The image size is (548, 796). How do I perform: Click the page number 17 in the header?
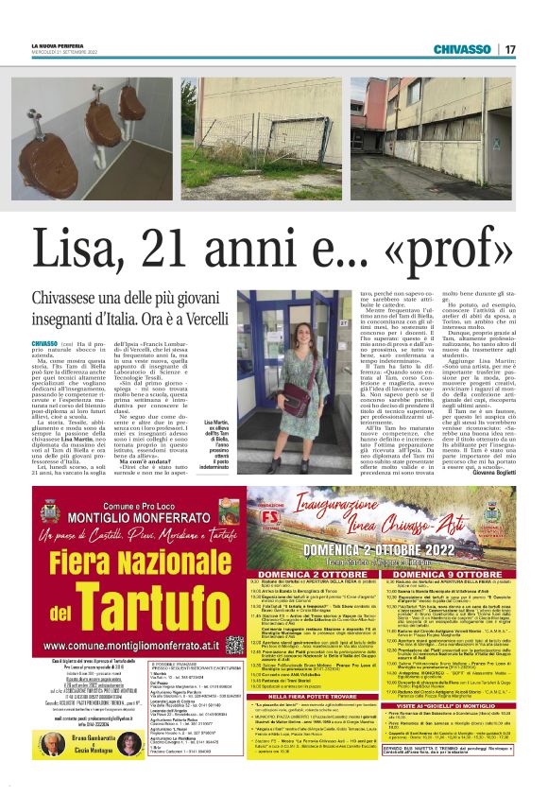[x=510, y=49]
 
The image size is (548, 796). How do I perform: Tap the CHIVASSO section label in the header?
[x=466, y=49]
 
